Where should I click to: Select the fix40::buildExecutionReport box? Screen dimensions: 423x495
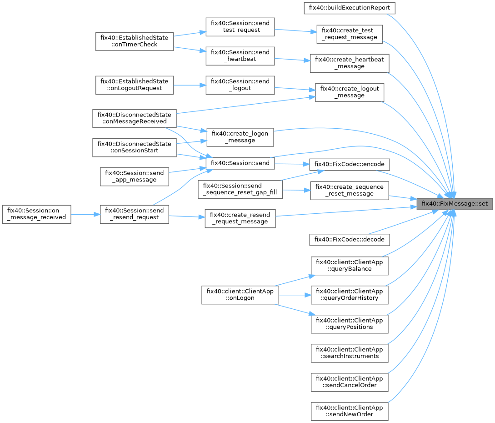pos(349,8)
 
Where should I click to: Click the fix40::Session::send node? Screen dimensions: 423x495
pos(240,163)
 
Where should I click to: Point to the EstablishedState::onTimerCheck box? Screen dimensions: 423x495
pos(134,41)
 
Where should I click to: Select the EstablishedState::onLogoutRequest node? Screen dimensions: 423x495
pos(134,85)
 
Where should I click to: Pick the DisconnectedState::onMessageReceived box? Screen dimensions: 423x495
pos(134,118)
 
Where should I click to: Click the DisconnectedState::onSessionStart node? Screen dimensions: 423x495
pos(134,147)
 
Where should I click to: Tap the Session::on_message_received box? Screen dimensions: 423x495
pos(36,214)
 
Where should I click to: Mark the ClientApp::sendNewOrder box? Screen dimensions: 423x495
pos(349,411)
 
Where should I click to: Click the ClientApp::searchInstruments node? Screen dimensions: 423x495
pos(349,352)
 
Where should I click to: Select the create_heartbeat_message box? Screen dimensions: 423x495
pos(349,63)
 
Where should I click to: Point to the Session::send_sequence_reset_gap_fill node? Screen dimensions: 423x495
pos(240,189)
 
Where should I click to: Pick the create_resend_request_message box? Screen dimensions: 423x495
pos(240,218)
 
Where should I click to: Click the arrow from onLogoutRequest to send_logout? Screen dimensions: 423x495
pos(189,85)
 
